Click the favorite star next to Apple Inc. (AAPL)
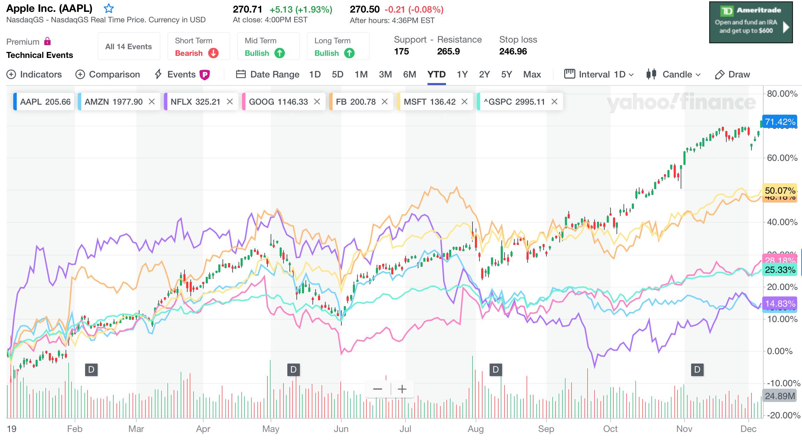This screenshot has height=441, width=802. pos(109,8)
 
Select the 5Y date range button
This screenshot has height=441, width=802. pos(506,74)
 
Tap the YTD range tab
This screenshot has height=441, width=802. pos(436,74)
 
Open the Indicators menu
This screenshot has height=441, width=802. pos(34,74)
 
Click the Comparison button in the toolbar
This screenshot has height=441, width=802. pos(108,74)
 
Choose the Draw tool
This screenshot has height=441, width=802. pos(732,74)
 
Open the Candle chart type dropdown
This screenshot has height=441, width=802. pos(673,74)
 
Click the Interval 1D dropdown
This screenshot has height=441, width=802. pos(599,74)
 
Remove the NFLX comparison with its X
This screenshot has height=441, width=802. pos(230,102)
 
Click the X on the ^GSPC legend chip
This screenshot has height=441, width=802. pos(554,102)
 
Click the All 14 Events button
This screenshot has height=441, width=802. pos(129,46)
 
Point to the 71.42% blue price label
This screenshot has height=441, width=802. pos(780,122)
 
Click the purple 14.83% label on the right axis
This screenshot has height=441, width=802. pos(780,304)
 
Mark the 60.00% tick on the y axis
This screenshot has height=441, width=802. pos(782,158)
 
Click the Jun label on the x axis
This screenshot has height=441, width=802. pos(341,429)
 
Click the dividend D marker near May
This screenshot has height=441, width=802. pos(293,369)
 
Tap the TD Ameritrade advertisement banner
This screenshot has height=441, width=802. pos(751,22)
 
